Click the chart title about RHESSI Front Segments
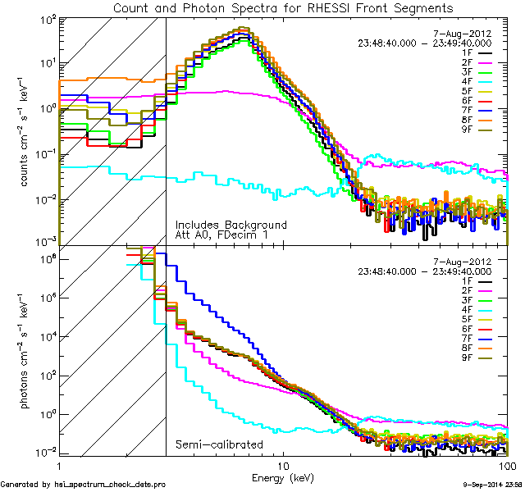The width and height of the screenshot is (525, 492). [283, 8]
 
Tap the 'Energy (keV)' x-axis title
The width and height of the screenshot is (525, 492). [283, 476]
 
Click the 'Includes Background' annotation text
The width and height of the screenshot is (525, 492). [231, 225]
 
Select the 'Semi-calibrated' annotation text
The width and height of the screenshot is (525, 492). [219, 445]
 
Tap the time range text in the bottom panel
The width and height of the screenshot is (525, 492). [425, 271]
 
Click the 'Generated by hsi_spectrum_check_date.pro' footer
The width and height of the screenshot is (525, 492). [82, 485]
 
